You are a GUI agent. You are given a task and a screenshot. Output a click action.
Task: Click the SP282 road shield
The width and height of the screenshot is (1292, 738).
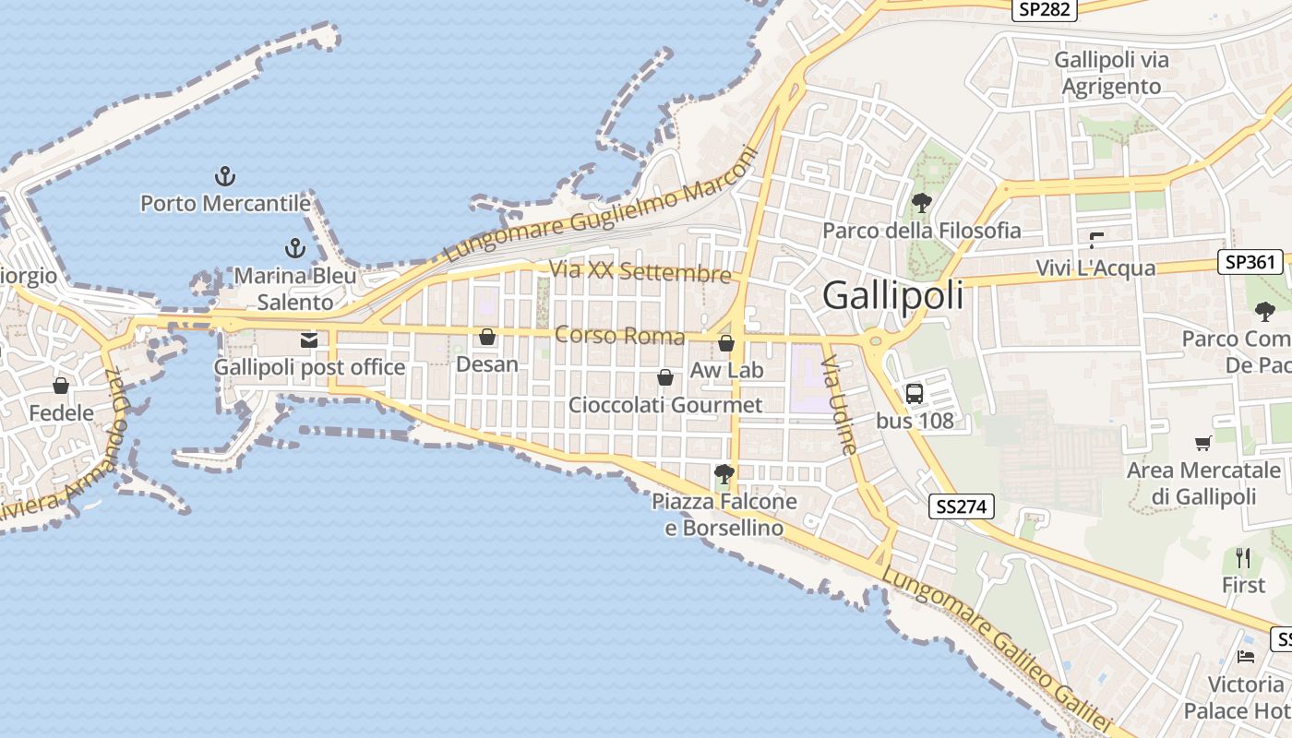(1044, 9)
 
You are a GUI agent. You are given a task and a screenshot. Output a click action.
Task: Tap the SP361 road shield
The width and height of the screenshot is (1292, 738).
(1250, 262)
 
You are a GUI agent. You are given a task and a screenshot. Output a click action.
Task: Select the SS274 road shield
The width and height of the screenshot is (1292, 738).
(962, 506)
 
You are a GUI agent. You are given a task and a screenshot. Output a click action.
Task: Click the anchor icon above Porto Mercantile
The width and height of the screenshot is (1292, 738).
(224, 175)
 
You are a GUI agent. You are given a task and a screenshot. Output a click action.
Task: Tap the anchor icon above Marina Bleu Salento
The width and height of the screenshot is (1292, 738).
(295, 248)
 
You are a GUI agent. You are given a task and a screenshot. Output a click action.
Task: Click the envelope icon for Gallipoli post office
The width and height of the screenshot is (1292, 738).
(309, 340)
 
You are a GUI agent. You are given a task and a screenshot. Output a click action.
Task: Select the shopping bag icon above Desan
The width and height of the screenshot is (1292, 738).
(487, 338)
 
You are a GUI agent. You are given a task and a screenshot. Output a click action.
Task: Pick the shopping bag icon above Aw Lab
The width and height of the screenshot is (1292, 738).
(726, 344)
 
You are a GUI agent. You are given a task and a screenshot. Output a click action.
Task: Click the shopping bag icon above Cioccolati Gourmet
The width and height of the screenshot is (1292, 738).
(664, 377)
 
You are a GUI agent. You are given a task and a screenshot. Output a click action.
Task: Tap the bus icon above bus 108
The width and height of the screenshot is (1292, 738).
(914, 394)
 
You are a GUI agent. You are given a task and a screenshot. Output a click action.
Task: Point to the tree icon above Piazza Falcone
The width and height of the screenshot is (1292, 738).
(724, 474)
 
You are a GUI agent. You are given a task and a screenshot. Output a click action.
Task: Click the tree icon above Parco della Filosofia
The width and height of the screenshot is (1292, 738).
(921, 203)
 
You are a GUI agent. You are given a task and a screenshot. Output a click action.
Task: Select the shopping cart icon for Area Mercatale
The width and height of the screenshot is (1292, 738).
(1202, 444)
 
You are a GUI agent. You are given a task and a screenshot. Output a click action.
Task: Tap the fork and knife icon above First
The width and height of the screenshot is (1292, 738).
(1243, 558)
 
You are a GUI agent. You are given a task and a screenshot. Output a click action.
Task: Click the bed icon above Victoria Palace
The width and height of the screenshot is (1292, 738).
(1246, 657)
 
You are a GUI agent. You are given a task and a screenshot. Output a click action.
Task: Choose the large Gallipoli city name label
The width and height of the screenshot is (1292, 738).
(892, 295)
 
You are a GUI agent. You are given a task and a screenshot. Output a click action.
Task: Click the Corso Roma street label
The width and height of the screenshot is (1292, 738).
(619, 336)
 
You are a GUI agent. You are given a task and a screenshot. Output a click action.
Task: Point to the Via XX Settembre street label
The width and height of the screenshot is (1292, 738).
(640, 272)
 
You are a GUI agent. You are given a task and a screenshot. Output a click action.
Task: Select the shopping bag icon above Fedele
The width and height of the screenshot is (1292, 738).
(61, 386)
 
